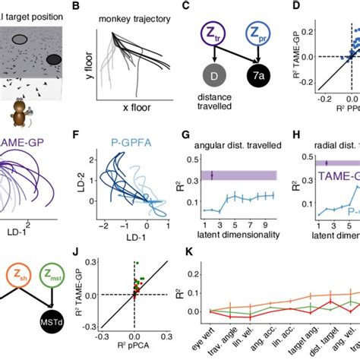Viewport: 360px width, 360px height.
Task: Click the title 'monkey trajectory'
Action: coord(144,17)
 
